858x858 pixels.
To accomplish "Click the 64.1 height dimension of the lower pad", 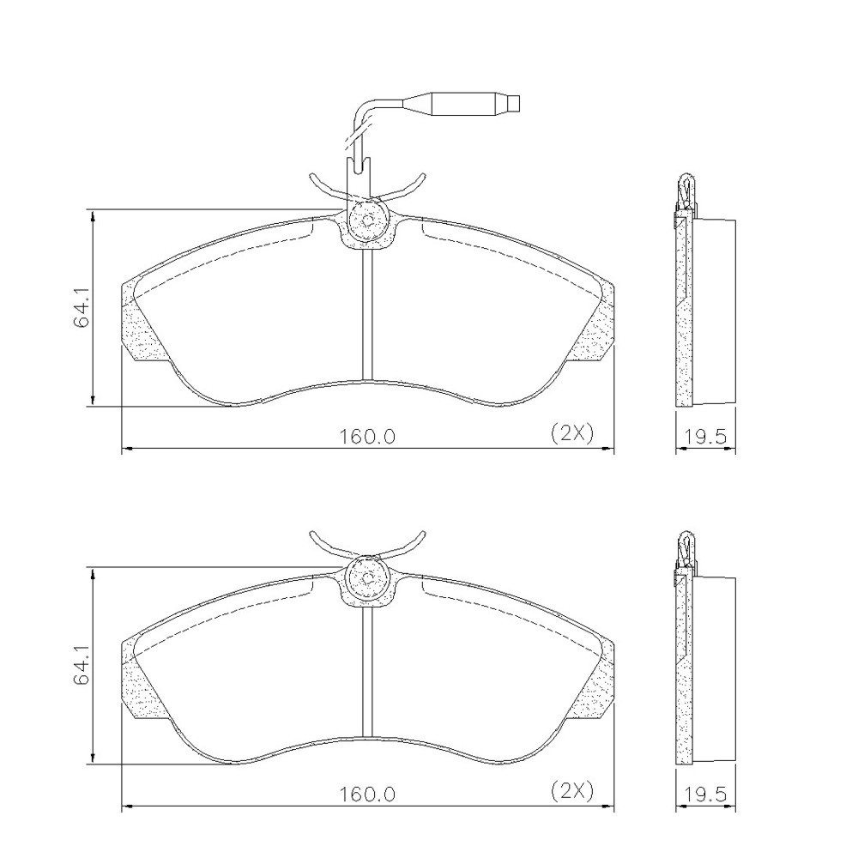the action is pos(81,666).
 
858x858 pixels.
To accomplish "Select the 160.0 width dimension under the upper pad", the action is pos(367,436).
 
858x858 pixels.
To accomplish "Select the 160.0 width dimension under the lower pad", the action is pos(367,794).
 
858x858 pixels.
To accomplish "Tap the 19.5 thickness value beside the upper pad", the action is pos(705,436).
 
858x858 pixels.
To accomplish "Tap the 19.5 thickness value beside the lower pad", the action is pos(705,794).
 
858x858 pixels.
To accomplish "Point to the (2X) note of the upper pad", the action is pos(571,433).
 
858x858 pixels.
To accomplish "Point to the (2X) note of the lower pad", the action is pos(571,791).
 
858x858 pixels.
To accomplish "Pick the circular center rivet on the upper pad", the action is pos(368,221).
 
